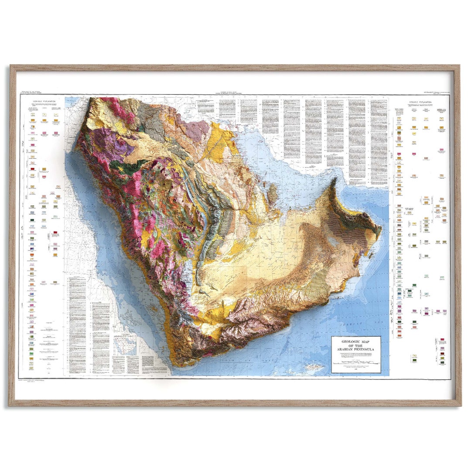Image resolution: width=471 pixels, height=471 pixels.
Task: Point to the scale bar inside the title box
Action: tap(355, 363)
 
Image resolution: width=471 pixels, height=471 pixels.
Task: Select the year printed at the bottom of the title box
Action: tap(355, 370)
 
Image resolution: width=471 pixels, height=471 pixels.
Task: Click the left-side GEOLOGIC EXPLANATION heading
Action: tap(44, 101)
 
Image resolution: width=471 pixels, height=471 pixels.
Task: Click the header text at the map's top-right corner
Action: tap(436, 93)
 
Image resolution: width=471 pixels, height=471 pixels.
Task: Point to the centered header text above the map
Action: tap(235, 93)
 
